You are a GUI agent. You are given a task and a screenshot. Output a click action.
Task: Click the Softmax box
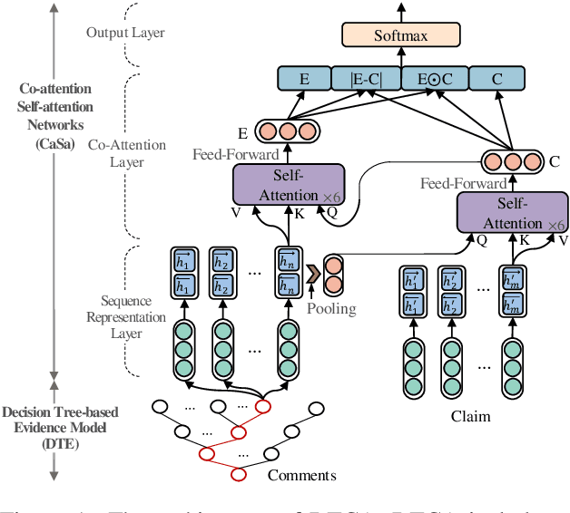(400, 36)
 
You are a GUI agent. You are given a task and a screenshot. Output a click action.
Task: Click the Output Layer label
(125, 33)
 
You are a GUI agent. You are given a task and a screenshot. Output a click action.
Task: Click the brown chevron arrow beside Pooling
(314, 270)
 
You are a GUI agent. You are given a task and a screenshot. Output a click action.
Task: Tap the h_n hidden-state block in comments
(289, 272)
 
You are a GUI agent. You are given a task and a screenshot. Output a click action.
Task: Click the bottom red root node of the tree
(239, 475)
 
